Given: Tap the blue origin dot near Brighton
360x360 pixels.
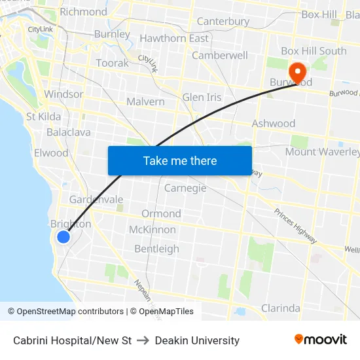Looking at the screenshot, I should click(63, 237).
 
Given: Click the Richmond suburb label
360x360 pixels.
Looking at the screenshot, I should click(83, 12).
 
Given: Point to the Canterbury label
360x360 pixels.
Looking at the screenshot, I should click(223, 22).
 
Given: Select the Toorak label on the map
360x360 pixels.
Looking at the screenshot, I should click(112, 63).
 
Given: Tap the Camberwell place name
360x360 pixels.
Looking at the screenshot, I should click(220, 56).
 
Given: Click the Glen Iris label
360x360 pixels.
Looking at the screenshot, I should click(202, 98).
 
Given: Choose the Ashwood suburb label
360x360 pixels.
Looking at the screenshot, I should click(274, 123).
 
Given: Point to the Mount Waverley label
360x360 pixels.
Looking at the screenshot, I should click(322, 152).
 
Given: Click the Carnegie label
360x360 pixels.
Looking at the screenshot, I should click(185, 188).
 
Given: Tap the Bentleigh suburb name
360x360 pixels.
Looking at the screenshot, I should click(156, 249).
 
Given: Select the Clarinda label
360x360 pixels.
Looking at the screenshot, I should click(280, 308).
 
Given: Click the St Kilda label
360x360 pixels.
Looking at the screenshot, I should click(43, 117).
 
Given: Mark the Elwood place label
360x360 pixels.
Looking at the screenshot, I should click(51, 153).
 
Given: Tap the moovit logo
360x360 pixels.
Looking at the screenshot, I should click(320, 340).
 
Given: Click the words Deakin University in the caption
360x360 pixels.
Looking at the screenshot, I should click(197, 340).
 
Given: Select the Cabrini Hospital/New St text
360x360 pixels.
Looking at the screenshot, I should click(73, 340).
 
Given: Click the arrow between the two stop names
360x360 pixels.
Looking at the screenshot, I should click(143, 340).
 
